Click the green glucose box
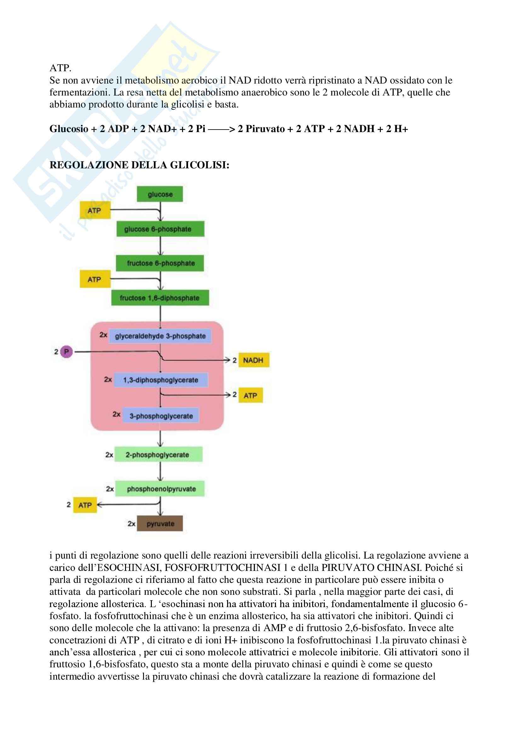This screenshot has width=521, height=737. tap(160, 194)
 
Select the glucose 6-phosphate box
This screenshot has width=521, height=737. tap(160, 229)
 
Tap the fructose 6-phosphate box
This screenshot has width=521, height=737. tap(160, 263)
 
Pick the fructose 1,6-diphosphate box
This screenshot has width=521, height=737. tap(160, 298)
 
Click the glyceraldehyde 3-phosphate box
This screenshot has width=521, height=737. tap(160, 336)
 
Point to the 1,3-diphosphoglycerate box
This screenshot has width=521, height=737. tap(161, 380)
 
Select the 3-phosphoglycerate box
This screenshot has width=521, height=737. tap(161, 416)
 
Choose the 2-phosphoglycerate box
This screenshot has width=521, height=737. tap(158, 455)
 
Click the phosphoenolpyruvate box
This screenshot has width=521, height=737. tap(160, 489)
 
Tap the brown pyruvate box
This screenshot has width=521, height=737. tap(160, 524)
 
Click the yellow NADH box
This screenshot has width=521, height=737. tap(254, 360)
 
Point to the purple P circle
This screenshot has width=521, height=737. tap(66, 352)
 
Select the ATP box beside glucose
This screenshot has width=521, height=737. tap(95, 211)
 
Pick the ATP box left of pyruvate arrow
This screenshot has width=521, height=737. tap(85, 505)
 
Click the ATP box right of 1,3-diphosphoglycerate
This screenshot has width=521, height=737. tap(250, 395)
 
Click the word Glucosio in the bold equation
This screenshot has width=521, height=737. tap(69, 129)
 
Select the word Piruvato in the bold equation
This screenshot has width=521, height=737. tap(265, 129)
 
